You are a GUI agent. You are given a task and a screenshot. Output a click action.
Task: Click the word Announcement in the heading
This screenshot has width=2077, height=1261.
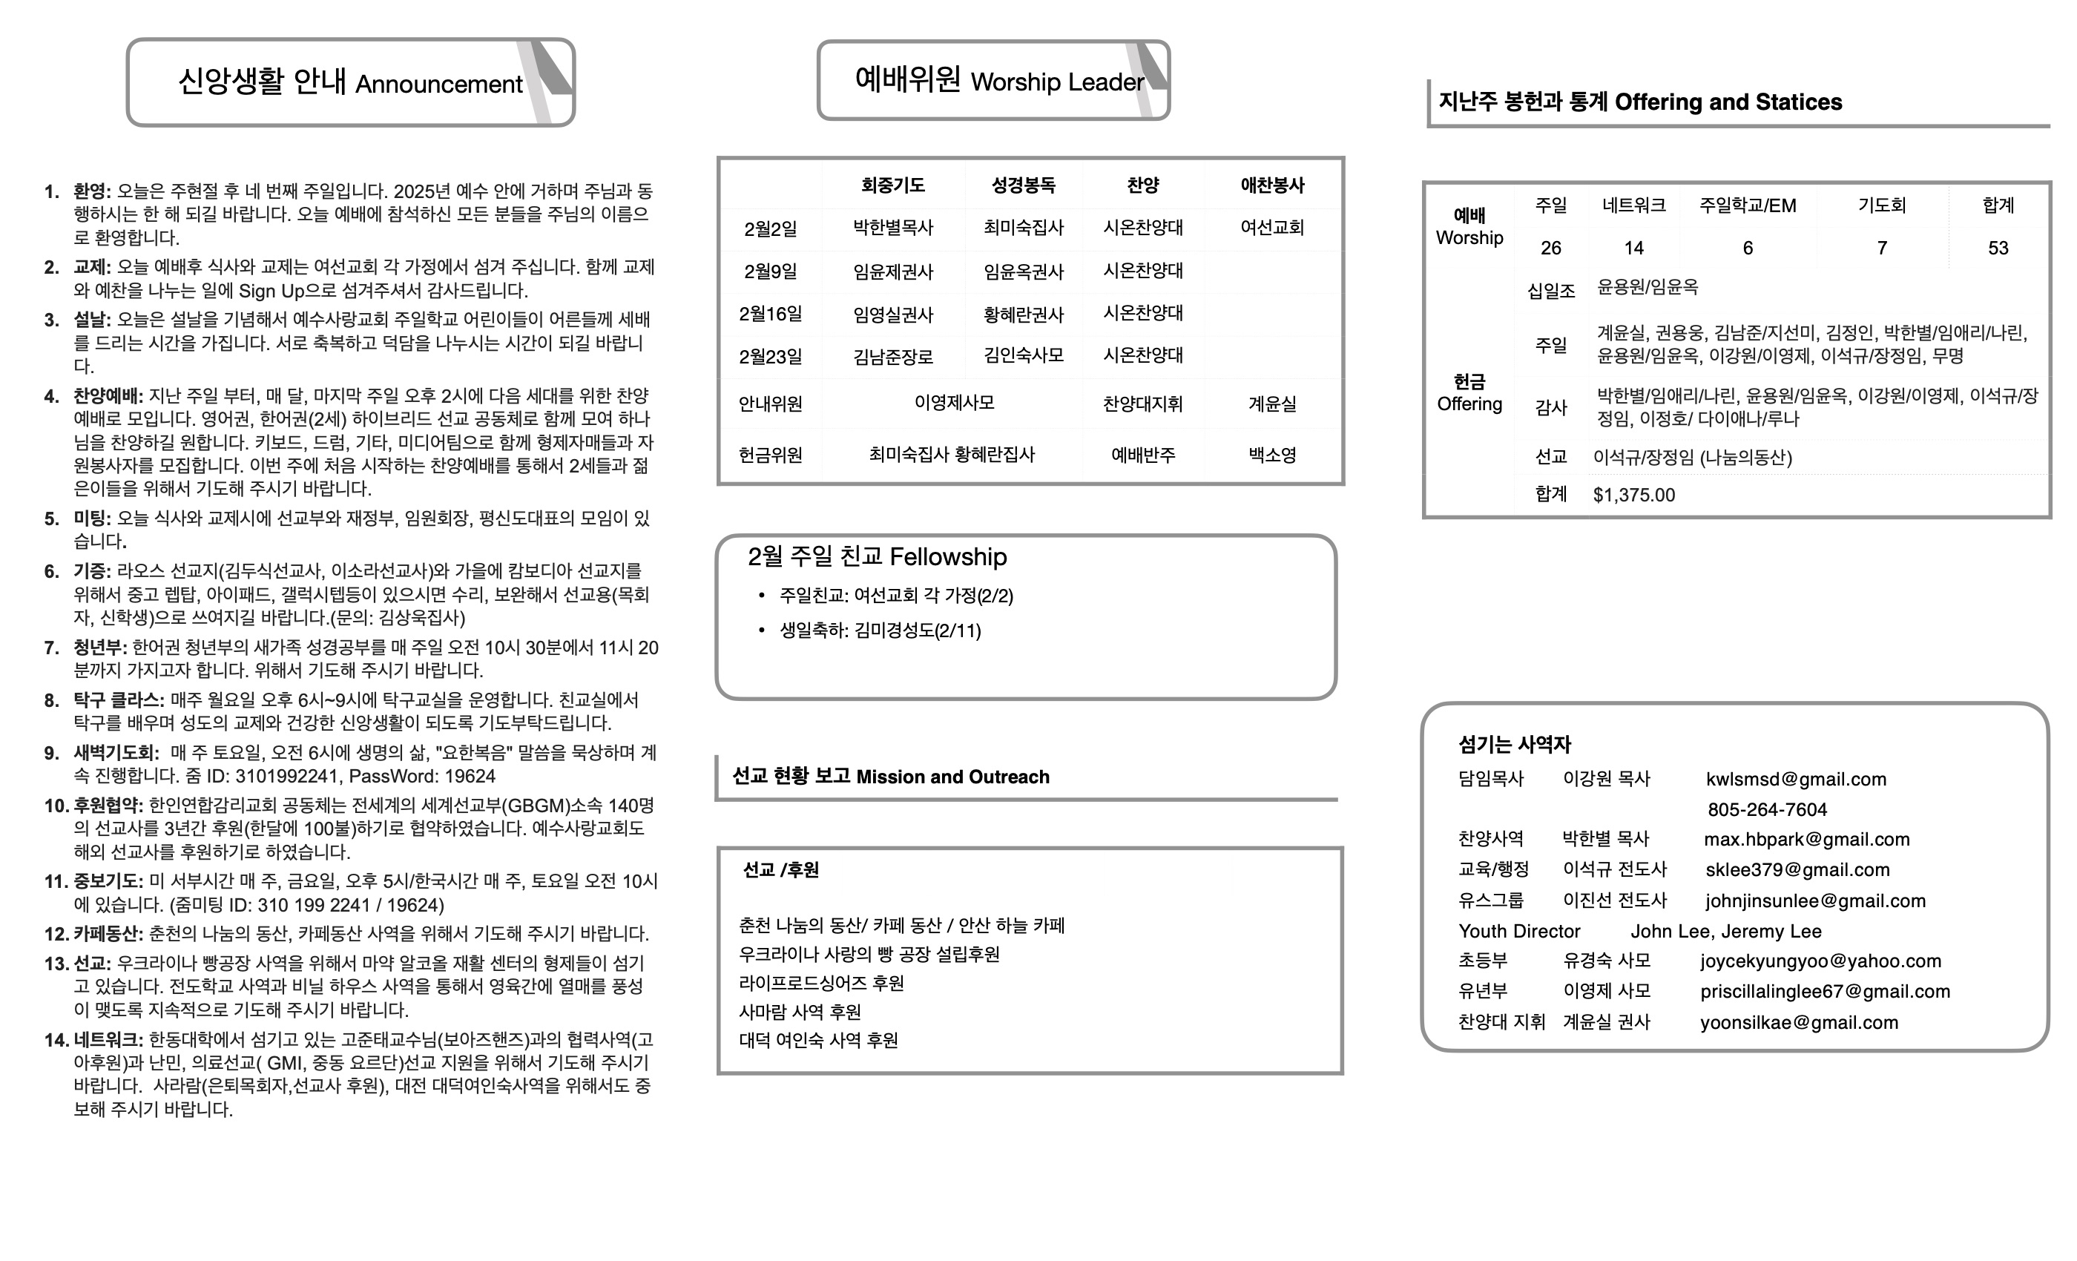point(438,85)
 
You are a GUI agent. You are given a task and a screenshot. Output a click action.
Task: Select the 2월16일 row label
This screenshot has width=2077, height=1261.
point(771,315)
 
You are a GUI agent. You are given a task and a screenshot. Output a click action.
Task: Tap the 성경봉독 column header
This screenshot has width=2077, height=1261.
point(1024,185)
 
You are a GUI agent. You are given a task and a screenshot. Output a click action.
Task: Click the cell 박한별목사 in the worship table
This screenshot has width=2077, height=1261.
point(892,228)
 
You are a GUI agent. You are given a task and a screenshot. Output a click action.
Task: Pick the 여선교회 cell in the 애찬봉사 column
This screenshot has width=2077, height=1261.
point(1272,228)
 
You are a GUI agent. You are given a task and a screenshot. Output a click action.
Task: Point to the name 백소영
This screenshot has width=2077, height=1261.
point(1272,455)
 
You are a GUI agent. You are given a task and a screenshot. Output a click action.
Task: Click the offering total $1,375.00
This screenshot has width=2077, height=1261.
point(1633,495)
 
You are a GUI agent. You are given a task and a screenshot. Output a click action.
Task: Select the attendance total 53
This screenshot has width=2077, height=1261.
point(1998,248)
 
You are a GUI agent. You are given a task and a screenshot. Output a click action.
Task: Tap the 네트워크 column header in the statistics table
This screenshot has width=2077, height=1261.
point(1633,205)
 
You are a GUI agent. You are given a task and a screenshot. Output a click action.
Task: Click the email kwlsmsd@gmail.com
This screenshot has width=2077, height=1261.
point(1795,779)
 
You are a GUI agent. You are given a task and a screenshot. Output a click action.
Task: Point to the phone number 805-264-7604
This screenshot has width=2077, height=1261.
point(1767,809)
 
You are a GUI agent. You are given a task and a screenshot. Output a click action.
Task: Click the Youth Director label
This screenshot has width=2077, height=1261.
point(1519,932)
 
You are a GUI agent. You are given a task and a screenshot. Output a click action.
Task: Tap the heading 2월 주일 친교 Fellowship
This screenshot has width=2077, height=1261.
point(877,557)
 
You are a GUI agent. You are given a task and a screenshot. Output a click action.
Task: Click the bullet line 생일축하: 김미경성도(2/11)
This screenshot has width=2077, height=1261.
point(879,630)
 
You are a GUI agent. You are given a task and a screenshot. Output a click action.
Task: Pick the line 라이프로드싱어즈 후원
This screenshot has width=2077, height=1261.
point(821,983)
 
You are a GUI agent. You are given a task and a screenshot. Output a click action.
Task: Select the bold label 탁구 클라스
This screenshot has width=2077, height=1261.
point(118,699)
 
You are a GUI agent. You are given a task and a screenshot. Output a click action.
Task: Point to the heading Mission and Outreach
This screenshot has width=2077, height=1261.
point(952,777)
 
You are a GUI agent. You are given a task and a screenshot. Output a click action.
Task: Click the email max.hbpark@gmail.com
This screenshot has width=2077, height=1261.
point(1806,840)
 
